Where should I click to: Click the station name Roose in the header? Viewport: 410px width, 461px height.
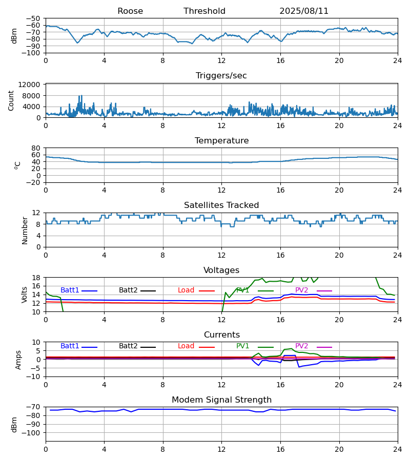[x=130, y=11]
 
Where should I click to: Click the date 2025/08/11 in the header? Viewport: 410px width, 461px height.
[x=304, y=11]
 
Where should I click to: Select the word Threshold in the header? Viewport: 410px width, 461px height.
[x=204, y=11]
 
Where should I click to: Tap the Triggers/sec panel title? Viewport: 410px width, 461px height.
[x=221, y=76]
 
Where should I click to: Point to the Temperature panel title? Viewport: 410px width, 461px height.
[x=221, y=141]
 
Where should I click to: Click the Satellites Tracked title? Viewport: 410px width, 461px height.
[x=221, y=205]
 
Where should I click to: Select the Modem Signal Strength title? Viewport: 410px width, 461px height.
[x=221, y=400]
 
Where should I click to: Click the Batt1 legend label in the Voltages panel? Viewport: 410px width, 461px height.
[x=70, y=290]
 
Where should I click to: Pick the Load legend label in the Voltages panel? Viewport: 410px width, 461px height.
[x=186, y=290]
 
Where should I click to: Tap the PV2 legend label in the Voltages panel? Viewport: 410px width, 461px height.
[x=302, y=290]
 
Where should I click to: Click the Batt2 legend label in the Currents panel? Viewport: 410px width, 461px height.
[x=128, y=346]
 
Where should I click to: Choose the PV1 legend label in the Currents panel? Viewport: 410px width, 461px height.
[x=243, y=346]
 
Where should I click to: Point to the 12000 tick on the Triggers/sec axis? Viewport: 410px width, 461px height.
[x=32, y=85]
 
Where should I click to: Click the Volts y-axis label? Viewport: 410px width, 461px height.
[x=25, y=295]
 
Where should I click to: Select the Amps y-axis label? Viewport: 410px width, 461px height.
[x=19, y=360]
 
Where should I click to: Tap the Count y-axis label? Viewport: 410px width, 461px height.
[x=11, y=100]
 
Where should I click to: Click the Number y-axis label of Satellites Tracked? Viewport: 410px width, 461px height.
[x=25, y=230]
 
